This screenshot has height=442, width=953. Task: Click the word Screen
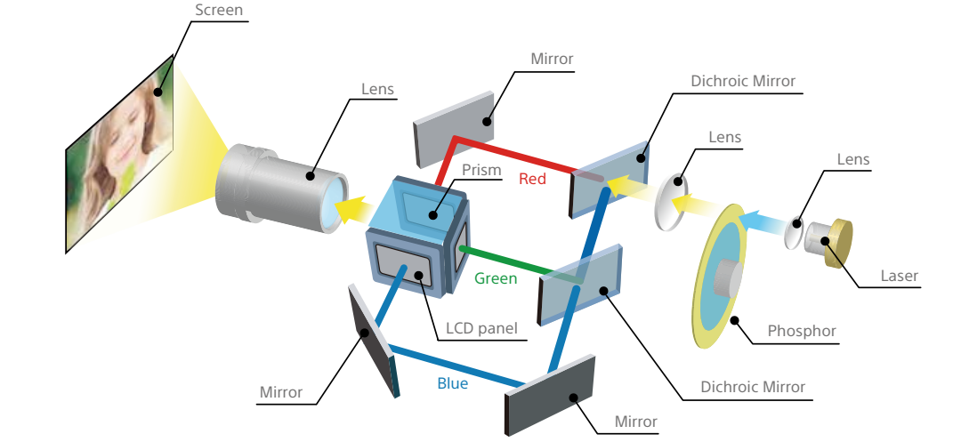click(217, 12)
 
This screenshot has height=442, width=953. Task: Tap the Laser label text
click(899, 276)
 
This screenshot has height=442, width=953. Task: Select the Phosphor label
click(802, 332)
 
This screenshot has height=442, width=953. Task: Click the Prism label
click(482, 170)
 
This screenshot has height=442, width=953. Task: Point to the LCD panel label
click(481, 327)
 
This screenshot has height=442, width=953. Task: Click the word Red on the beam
click(533, 179)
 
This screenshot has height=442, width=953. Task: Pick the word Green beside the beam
click(496, 278)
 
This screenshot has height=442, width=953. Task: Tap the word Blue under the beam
click(452, 384)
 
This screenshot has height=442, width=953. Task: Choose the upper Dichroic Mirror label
click(743, 82)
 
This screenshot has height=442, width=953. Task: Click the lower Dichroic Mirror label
click(753, 387)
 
